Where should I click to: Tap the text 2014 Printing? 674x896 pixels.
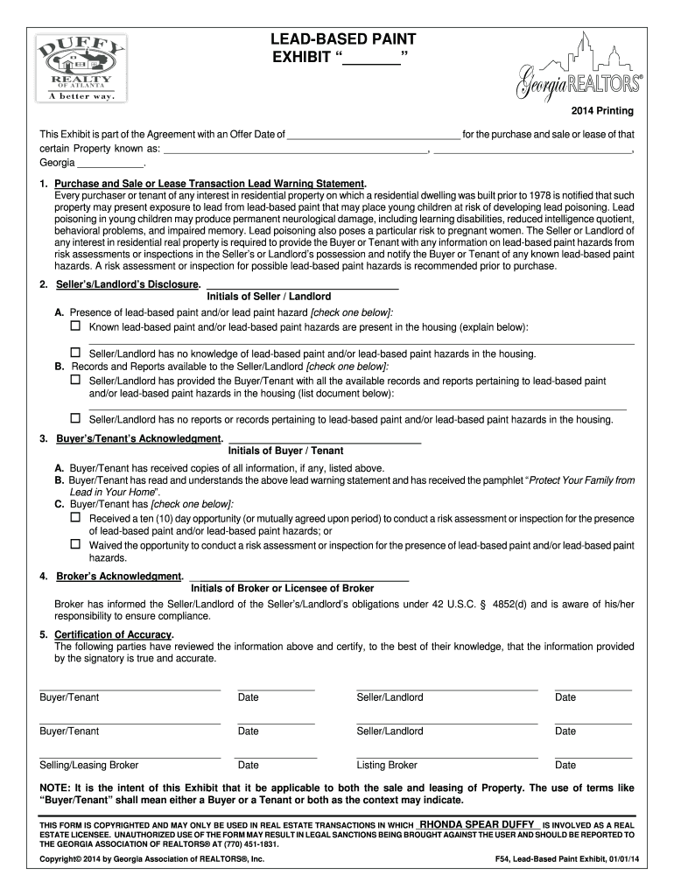pos(603,112)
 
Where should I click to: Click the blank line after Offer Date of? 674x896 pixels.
pos(374,135)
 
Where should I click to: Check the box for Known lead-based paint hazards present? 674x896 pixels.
pos(75,326)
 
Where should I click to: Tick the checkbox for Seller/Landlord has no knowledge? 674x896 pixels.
pos(75,353)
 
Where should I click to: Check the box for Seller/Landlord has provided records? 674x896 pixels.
pos(75,381)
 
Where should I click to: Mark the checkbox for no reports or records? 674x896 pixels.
pos(75,419)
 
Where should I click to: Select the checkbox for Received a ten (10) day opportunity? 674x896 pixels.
pos(75,518)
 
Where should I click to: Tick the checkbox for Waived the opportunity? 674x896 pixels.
pos(75,544)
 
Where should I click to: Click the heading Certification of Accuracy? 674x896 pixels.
pos(114,634)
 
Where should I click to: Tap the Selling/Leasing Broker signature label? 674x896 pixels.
pos(88,765)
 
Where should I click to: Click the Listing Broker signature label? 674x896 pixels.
pos(387,765)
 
